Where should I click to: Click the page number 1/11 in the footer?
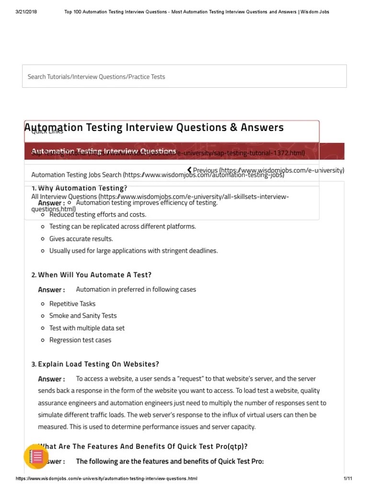click(348, 479)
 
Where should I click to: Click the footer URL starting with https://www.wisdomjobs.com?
click(106, 479)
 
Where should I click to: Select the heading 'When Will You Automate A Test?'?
click(94, 275)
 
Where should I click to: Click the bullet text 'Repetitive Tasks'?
click(72, 304)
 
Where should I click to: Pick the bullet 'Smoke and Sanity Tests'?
click(83, 316)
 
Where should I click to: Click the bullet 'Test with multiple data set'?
click(87, 328)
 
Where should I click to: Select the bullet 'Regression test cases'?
click(80, 340)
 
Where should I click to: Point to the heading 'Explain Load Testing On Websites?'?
click(98, 364)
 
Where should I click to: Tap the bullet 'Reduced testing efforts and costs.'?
click(98, 215)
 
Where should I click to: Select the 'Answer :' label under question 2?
click(51, 290)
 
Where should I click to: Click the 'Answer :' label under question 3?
click(51, 379)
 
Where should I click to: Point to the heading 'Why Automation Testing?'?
click(82, 188)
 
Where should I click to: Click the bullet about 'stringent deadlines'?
click(126, 251)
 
